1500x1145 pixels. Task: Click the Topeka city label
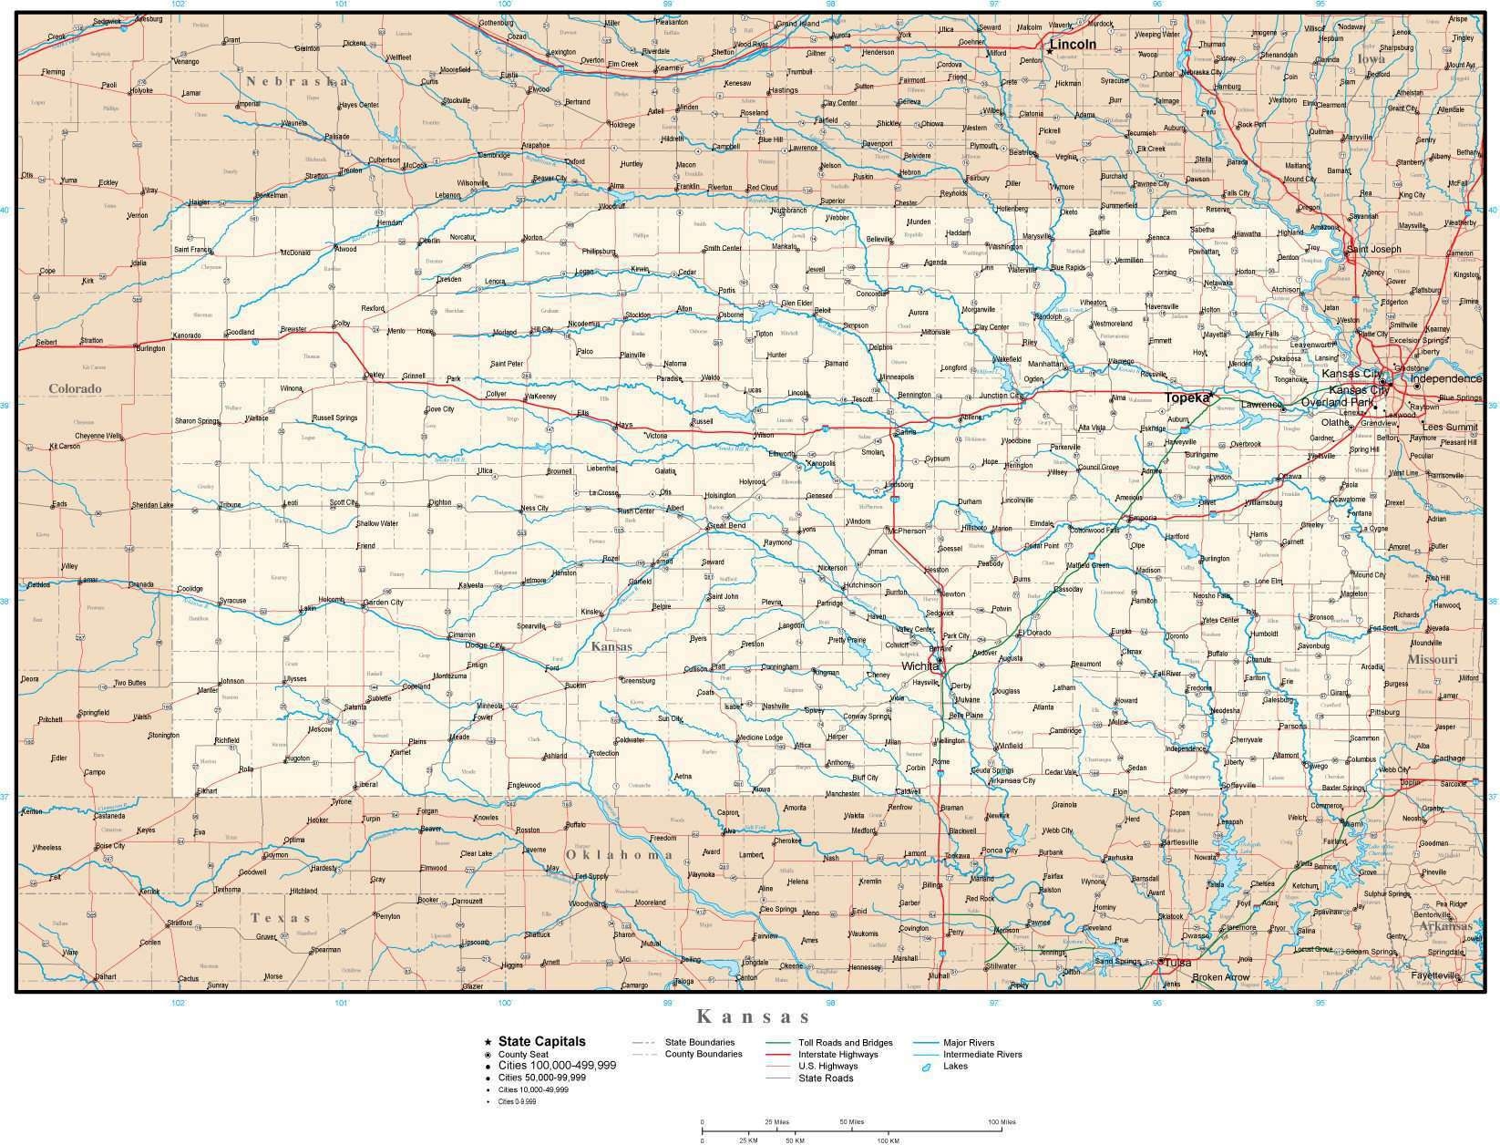click(x=1187, y=398)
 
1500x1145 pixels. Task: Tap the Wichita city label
click(x=920, y=666)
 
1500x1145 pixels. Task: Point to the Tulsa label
click(x=1178, y=963)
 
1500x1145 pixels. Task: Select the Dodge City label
click(x=485, y=645)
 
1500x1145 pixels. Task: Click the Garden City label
click(x=383, y=603)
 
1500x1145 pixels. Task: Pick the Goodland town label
click(x=240, y=332)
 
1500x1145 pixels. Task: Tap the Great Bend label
click(x=727, y=526)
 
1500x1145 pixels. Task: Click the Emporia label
click(x=1143, y=518)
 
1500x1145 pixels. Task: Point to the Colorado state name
click(x=75, y=388)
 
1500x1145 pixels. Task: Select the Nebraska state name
click(x=296, y=81)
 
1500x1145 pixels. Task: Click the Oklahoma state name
click(x=620, y=854)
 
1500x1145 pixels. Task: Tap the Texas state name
click(x=282, y=918)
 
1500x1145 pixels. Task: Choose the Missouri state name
click(x=1432, y=659)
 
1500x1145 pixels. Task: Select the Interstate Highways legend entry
click(x=838, y=1055)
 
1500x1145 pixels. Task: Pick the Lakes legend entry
click(x=955, y=1066)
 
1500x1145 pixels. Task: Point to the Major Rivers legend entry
click(x=969, y=1043)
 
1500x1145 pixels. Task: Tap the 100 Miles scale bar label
click(x=1001, y=1122)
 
